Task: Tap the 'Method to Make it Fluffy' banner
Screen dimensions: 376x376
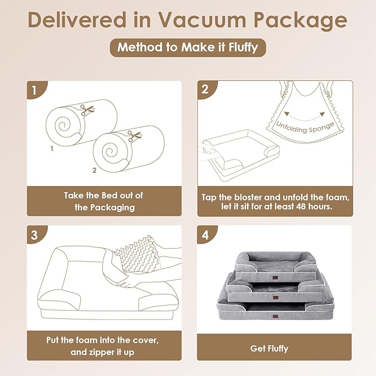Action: [188, 47]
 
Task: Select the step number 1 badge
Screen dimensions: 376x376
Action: [35, 90]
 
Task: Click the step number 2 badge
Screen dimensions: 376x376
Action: [205, 89]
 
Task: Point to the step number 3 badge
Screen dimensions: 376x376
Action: [35, 234]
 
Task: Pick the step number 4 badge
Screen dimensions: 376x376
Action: [205, 234]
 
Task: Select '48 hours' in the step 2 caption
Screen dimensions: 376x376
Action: [315, 207]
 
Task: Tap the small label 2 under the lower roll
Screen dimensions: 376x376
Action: [94, 170]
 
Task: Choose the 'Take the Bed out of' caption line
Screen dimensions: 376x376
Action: [104, 195]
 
